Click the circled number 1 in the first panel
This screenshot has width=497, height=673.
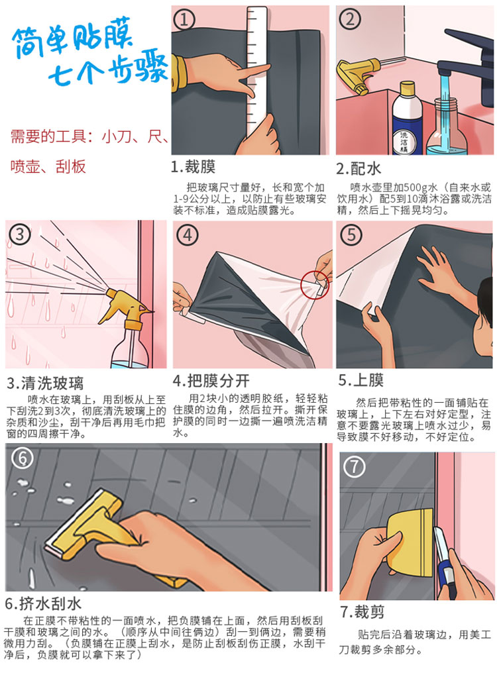tap(184, 20)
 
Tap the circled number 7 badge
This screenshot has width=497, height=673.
tap(355, 467)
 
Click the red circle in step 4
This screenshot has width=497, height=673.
tap(315, 284)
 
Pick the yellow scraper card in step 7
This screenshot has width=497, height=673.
tap(410, 542)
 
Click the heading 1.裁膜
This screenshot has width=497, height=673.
tap(193, 166)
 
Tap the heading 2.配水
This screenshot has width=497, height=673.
tap(359, 168)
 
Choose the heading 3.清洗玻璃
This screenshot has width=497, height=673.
tap(45, 383)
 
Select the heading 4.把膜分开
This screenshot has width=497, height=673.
tap(211, 380)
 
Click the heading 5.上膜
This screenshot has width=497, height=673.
tap(361, 380)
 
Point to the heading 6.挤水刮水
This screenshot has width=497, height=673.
tap(43, 603)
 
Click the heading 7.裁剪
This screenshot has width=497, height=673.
tap(362, 611)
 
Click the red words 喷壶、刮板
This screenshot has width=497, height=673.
tap(48, 166)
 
